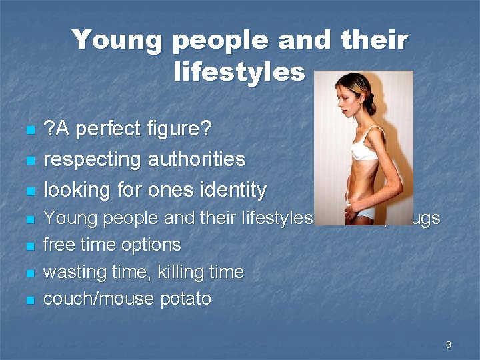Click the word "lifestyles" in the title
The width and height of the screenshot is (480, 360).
[x=239, y=71]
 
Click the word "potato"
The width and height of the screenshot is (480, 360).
[x=186, y=299]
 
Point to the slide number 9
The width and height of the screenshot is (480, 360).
[x=448, y=345]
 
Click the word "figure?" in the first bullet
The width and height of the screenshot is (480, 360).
[x=181, y=129]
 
